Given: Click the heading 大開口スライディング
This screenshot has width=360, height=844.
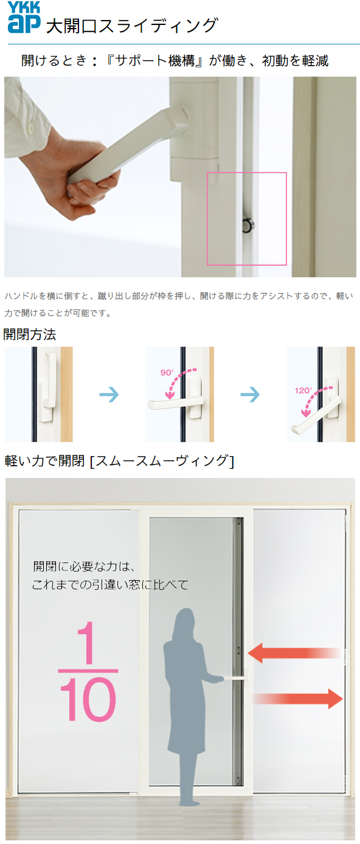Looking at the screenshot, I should (131, 26).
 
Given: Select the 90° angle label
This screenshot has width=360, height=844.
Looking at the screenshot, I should (167, 373).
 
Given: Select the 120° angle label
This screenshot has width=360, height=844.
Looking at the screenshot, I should (303, 390).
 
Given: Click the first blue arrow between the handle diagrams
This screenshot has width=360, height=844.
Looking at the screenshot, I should (109, 395).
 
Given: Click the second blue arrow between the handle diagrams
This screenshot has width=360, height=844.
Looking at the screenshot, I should (250, 395).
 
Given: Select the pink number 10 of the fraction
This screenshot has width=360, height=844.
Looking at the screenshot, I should (88, 700).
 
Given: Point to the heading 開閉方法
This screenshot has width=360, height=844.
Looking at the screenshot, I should (30, 334).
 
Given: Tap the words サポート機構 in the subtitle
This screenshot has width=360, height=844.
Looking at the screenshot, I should (154, 61).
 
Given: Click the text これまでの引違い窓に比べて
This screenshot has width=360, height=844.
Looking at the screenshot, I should (110, 585).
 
